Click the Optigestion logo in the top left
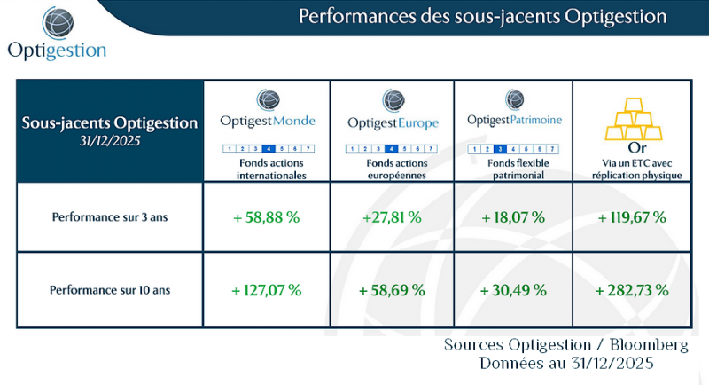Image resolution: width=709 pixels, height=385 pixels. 56,34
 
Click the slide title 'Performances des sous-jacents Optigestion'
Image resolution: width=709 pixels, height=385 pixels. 482,16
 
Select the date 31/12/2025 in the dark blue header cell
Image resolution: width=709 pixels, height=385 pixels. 110,139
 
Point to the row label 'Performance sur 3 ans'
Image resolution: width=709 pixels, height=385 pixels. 110,217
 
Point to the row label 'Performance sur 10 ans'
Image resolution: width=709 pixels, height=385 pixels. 110,289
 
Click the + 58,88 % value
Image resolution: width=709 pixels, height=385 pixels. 266,217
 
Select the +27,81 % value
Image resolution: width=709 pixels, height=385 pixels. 391,217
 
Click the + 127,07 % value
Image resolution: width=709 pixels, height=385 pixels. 266,289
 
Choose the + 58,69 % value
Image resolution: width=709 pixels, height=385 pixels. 391,289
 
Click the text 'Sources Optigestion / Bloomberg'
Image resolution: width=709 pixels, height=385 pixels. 565,344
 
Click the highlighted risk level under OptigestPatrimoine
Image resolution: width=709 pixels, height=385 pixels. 500,149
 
